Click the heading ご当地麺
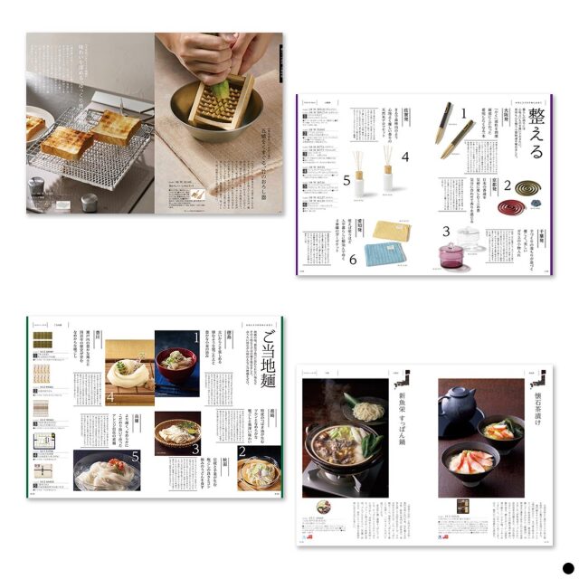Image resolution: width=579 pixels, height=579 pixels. [265, 358]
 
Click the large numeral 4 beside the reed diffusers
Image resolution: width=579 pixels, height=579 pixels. [404, 157]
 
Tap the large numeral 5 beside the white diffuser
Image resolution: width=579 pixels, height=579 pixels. [346, 179]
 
